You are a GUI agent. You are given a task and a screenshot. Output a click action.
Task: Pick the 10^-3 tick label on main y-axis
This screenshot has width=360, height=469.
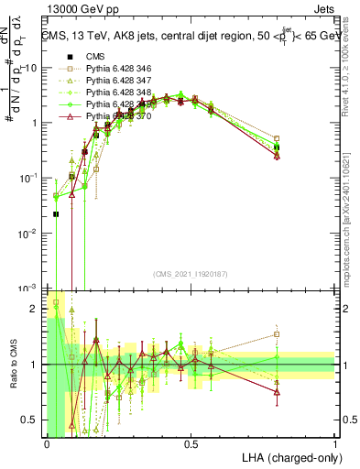[x=27, y=289]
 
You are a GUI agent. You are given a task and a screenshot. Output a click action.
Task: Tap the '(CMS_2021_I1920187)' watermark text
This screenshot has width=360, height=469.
[x=190, y=273]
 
